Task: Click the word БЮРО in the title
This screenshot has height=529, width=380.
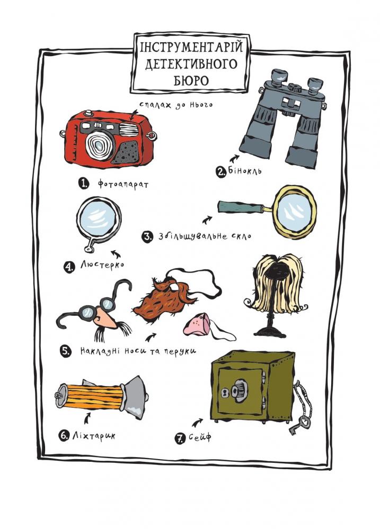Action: (191, 80)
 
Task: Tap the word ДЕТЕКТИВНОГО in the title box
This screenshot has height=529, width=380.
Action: (191, 64)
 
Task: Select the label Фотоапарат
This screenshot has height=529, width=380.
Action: (123, 184)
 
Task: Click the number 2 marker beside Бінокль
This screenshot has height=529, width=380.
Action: (221, 172)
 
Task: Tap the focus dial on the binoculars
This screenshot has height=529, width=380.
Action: (296, 87)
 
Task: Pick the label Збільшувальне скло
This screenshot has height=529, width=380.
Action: (205, 235)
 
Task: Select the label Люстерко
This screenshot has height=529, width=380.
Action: (102, 265)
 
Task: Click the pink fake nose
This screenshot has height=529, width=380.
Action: (198, 324)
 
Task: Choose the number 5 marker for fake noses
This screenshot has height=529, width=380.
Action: (66, 352)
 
